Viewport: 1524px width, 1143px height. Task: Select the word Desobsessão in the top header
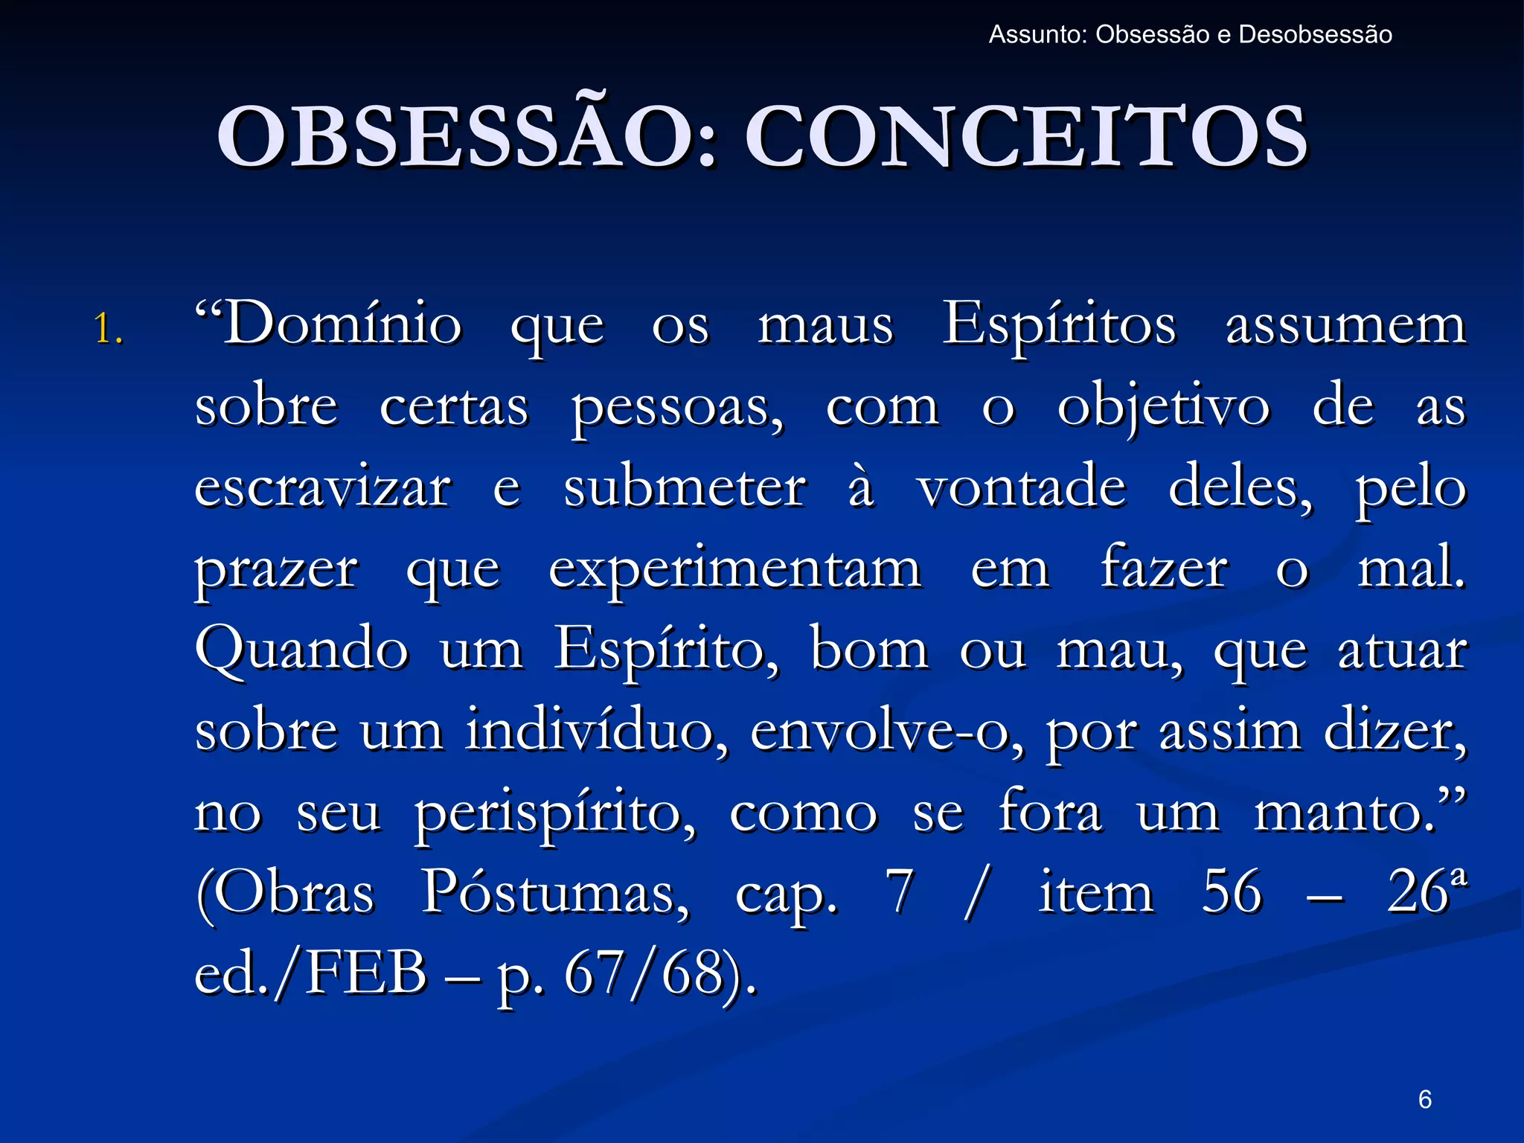[1315, 35]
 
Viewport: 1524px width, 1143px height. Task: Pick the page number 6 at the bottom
[1424, 1098]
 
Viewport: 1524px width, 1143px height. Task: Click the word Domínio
[328, 325]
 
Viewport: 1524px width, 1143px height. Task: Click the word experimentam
[735, 570]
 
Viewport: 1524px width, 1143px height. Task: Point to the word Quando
[301, 651]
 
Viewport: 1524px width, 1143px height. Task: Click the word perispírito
[555, 814]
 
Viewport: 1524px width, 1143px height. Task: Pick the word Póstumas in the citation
[555, 894]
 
